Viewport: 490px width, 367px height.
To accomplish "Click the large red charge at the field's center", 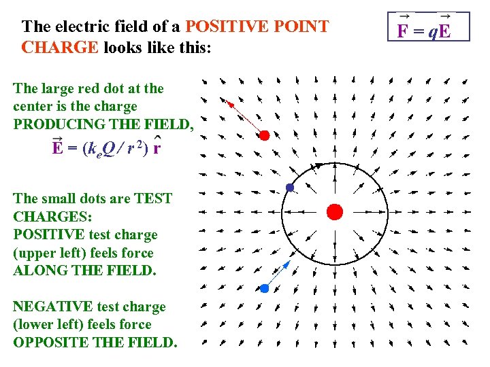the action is [334, 211].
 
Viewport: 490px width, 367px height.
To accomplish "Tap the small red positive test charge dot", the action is [265, 135].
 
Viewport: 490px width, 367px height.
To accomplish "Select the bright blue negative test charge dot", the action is [265, 288].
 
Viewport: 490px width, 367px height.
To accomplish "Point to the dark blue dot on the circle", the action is [290, 188].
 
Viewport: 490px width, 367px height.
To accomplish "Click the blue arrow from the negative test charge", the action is [277, 275].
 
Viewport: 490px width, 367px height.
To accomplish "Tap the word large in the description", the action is [56, 88].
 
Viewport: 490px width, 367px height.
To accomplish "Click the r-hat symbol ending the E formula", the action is [157, 148].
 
